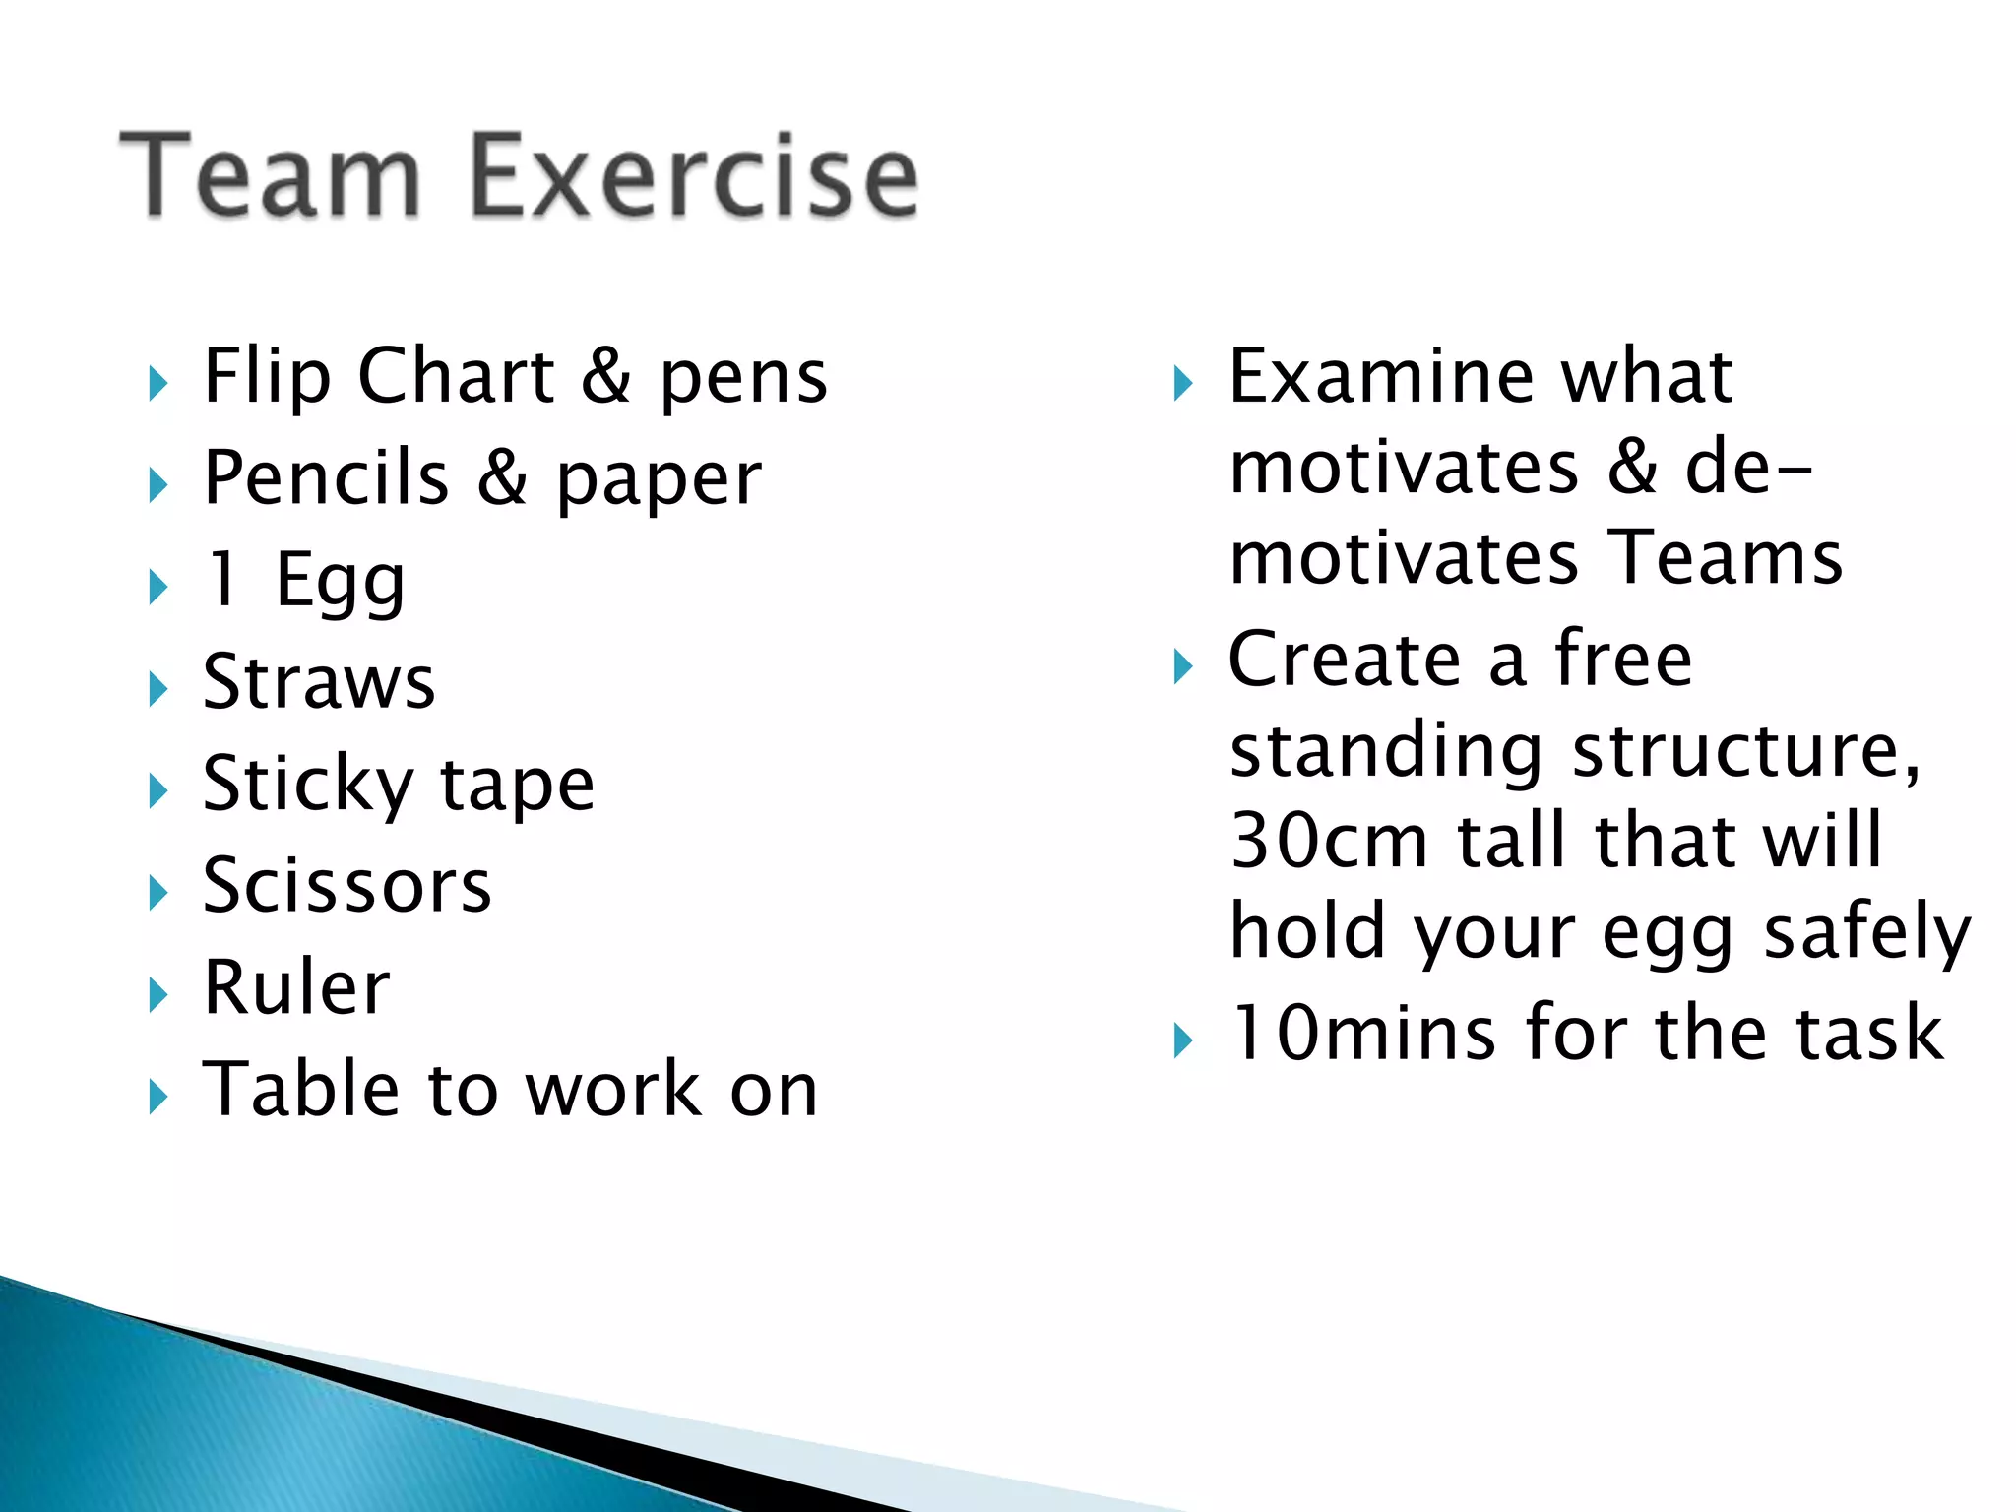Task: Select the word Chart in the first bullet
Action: click(456, 376)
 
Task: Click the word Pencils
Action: click(326, 477)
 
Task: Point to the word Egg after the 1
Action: click(340, 581)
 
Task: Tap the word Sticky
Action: click(308, 785)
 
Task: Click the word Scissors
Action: click(346, 885)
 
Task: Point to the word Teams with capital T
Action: click(1724, 557)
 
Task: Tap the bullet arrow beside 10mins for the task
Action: click(1183, 1040)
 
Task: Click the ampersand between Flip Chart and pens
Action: click(606, 376)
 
